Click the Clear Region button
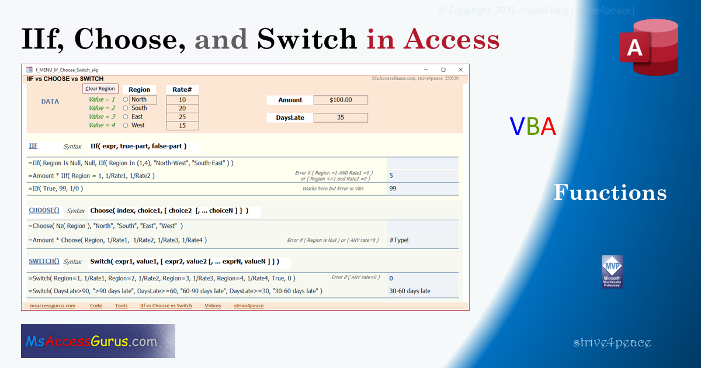(100, 89)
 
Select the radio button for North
(126, 100)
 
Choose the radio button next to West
(126, 126)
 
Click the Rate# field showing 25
(182, 117)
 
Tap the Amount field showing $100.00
(341, 100)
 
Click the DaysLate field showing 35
(341, 117)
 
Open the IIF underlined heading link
(33, 146)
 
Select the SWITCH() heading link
(44, 261)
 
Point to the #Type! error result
(399, 240)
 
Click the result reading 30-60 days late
(410, 291)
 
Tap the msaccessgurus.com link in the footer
(53, 305)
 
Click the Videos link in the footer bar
(213, 305)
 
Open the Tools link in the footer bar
(121, 305)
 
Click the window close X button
(460, 70)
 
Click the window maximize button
(443, 70)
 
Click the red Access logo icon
(649, 47)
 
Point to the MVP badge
(612, 272)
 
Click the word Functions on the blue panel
(610, 193)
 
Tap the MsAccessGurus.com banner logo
(98, 341)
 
